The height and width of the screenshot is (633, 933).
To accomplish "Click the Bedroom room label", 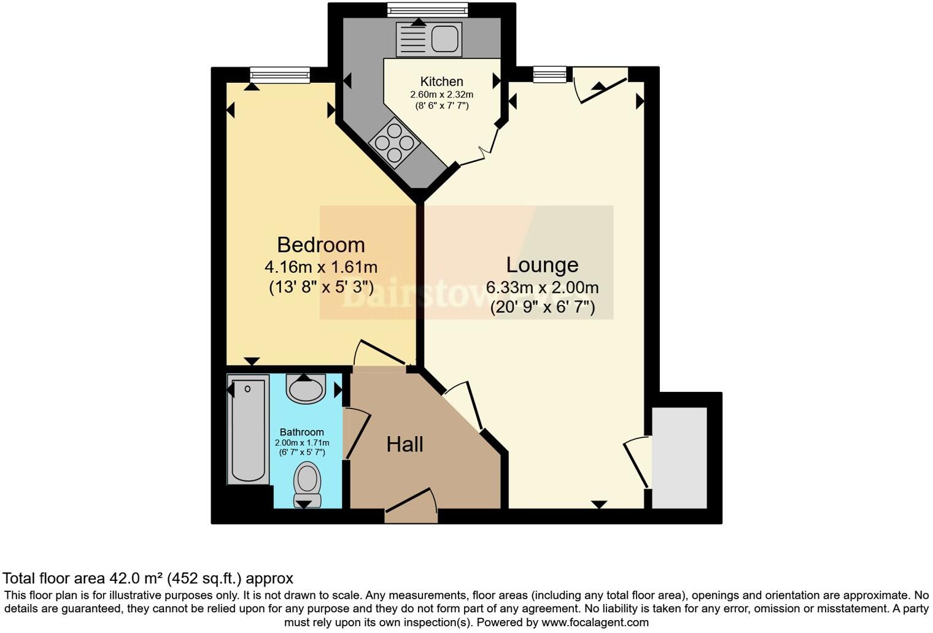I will click(x=320, y=245).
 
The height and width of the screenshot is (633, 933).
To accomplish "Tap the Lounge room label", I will click(x=542, y=264).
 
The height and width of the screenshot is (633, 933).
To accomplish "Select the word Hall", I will click(x=405, y=444).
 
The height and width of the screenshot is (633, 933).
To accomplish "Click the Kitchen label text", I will click(x=441, y=82).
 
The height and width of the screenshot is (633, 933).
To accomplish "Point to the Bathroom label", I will click(x=301, y=432).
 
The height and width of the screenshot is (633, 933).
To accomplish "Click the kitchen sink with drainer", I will click(x=428, y=39).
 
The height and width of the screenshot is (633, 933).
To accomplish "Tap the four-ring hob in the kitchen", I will click(x=395, y=142).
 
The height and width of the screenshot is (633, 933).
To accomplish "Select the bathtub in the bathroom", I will click(x=248, y=429).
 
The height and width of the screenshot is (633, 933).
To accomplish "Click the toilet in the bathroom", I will click(x=308, y=483).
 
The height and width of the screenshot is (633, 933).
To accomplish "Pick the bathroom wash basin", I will click(x=306, y=389).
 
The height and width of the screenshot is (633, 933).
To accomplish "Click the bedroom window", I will click(x=280, y=75).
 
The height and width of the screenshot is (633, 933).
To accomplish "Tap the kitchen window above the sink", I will click(x=427, y=9).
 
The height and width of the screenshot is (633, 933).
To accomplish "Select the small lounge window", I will click(x=549, y=75).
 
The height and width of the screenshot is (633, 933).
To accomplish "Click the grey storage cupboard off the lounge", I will click(x=679, y=458).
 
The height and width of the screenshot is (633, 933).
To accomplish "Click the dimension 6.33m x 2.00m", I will click(x=542, y=287).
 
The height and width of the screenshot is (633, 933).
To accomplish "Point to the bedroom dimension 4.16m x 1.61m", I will click(x=320, y=267).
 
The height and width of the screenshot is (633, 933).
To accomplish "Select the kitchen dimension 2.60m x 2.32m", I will click(x=441, y=95).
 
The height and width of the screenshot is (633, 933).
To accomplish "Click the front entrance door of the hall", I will click(x=411, y=507).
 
